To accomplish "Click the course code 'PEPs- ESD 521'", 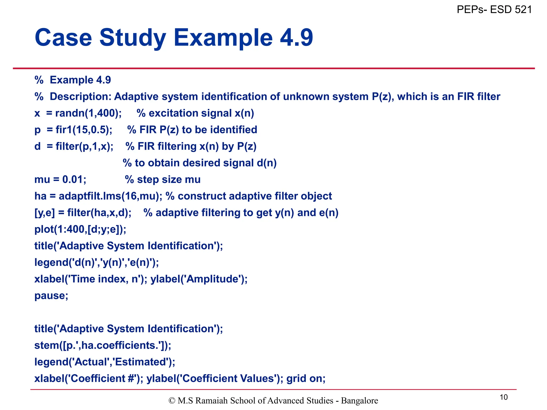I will [x=494, y=10].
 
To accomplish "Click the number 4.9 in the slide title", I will [x=296, y=38].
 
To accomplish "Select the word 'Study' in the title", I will [x=133, y=38].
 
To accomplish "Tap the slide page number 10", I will [x=503, y=397].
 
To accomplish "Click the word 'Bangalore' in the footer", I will [x=360, y=401].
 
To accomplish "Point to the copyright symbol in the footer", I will [x=172, y=401].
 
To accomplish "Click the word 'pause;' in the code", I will [x=51, y=295].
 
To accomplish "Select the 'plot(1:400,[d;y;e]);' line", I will [x=80, y=229].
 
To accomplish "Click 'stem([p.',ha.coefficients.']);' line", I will [x=103, y=345].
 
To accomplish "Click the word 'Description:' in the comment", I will [x=80, y=97].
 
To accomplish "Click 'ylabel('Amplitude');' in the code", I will [x=199, y=279].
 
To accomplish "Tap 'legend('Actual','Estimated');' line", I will [x=105, y=362].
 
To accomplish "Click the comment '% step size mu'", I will [x=163, y=179].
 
